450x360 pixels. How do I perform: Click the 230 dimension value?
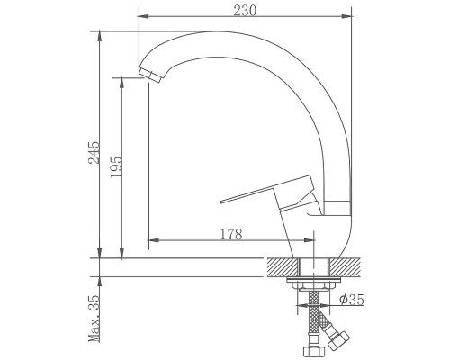[245, 11]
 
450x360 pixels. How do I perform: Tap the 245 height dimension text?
[94, 152]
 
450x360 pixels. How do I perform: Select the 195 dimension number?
[116, 166]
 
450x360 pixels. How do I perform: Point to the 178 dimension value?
[231, 234]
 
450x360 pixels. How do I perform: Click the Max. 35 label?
[94, 319]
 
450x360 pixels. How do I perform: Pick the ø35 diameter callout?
[352, 299]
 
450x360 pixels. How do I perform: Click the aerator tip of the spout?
[150, 76]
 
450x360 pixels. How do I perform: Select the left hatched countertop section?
[282, 267]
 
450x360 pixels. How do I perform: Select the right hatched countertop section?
[345, 267]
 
